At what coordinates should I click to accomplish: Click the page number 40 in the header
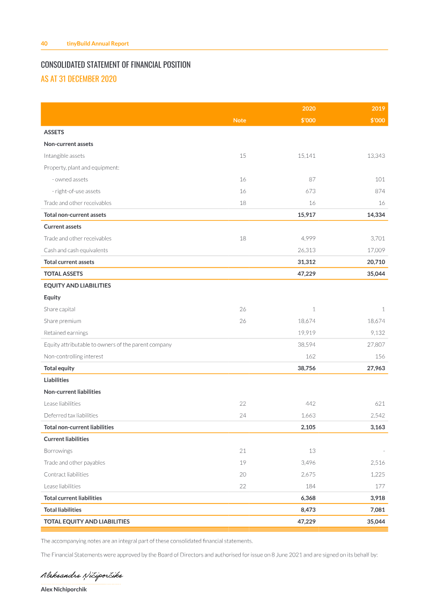(44, 43)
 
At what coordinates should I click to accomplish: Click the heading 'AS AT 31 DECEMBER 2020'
(79, 79)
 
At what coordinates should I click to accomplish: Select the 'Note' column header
(240, 120)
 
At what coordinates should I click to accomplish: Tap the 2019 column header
(378, 108)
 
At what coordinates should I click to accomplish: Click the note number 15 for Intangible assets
(242, 156)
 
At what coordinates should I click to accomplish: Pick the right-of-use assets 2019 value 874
(378, 191)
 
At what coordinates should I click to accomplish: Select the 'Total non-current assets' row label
(75, 215)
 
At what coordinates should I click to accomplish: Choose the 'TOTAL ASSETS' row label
(63, 274)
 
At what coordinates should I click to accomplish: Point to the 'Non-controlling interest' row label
(73, 356)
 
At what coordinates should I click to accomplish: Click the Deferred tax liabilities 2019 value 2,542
(376, 415)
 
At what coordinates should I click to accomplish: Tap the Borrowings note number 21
(242, 451)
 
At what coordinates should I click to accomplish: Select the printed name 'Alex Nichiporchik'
(64, 589)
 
